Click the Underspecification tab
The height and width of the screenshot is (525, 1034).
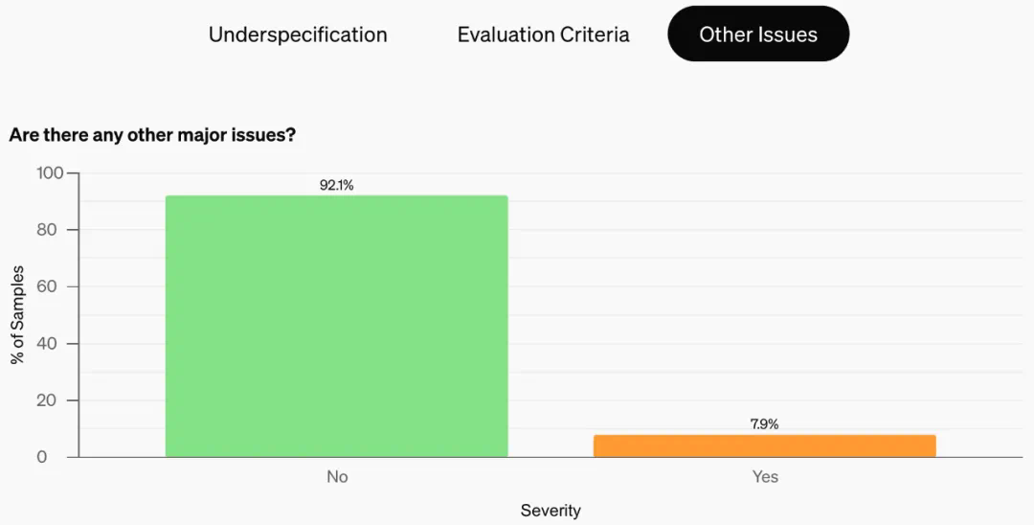298,35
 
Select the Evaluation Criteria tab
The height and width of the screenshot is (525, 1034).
543,35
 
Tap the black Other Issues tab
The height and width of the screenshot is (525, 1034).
758,35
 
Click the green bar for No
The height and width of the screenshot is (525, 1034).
336,326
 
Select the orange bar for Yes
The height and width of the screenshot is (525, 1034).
764,445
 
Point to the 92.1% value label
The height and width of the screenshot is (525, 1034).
336,186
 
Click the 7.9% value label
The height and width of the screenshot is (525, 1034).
764,424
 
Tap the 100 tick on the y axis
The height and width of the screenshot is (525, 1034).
50,173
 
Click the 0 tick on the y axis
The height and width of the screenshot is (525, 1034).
42,457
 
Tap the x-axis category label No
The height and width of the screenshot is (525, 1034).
337,477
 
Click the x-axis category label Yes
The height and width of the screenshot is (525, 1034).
765,477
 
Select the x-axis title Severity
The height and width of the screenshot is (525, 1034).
551,511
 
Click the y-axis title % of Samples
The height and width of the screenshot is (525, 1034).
18,315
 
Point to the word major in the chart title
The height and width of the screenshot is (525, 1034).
201,135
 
